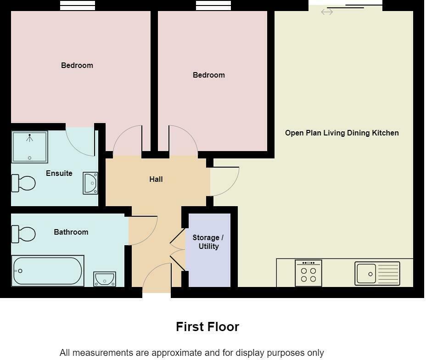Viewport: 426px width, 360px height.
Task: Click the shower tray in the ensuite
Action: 30,147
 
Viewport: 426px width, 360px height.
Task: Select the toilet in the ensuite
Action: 23,183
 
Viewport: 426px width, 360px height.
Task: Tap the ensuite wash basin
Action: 90,183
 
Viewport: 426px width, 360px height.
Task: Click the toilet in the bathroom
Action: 23,234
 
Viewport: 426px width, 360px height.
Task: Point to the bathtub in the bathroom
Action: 48,271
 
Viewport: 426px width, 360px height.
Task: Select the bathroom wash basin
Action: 105,279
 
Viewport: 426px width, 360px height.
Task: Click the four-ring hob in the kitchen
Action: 308,273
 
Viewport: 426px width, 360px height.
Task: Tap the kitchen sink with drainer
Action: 377,274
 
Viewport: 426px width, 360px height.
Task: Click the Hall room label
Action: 156,179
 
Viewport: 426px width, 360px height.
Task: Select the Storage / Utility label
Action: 208,242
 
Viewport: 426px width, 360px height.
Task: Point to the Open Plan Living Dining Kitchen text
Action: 342,133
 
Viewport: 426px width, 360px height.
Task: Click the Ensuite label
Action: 59,173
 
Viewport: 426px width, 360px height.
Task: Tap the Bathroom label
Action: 71,232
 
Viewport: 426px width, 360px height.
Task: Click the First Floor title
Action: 207,327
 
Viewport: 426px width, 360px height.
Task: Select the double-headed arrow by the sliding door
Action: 327,12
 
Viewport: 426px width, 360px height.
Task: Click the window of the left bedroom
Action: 78,6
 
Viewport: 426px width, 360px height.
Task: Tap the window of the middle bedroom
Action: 213,6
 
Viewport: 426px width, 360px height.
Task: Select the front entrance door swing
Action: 156,278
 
